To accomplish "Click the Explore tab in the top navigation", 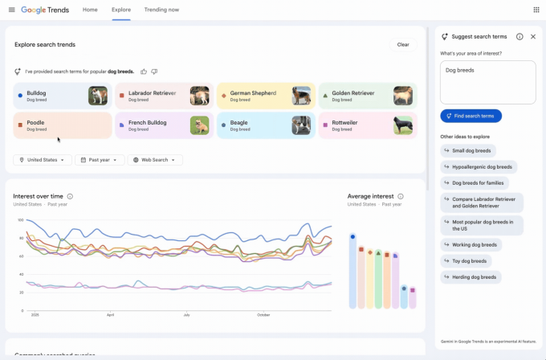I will [121, 10].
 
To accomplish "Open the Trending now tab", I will [161, 10].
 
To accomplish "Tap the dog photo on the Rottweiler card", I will [403, 125].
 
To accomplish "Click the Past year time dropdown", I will [100, 160].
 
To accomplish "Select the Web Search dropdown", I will [155, 160].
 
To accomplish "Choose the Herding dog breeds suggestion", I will [471, 277].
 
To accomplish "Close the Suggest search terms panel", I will [533, 37].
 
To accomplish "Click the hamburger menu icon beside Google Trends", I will [11, 10].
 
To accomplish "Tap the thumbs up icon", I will [144, 72].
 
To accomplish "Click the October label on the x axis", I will [263, 315].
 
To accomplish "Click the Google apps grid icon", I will [536, 10].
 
